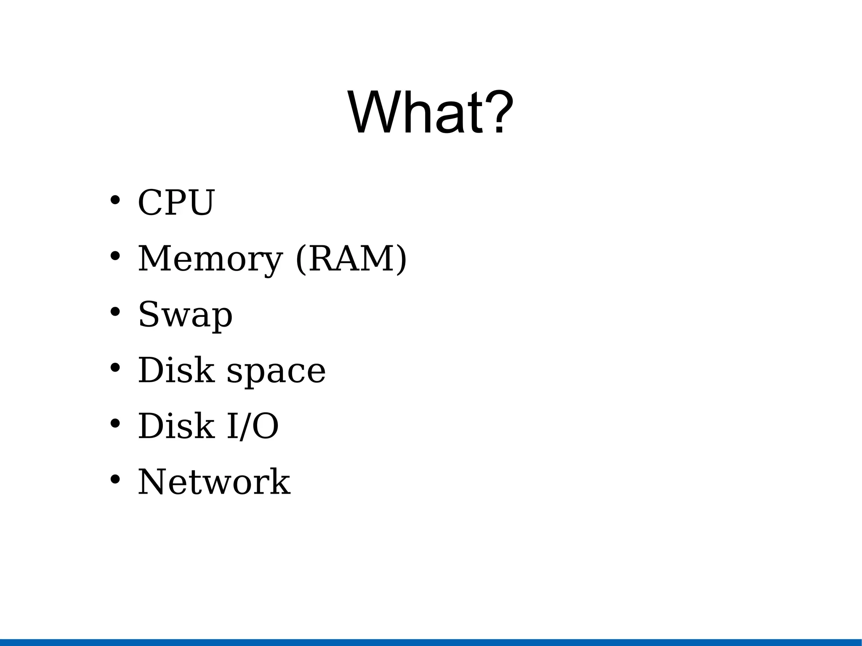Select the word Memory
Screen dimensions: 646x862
click(x=210, y=258)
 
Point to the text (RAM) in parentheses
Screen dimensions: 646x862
click(x=351, y=258)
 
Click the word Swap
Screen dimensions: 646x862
click(x=185, y=315)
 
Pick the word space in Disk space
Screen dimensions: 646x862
click(x=276, y=370)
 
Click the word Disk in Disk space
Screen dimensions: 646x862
click(x=176, y=370)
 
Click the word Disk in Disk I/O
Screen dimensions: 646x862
click(x=176, y=426)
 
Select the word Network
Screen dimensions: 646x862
click(x=214, y=482)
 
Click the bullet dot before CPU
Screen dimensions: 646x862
click(x=115, y=200)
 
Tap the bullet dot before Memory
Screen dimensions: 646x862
click(x=115, y=256)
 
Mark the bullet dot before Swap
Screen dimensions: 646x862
click(x=115, y=312)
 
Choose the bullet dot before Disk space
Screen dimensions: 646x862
click(x=115, y=368)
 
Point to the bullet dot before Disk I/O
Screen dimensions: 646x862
click(x=115, y=423)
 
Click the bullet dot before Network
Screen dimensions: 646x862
click(x=115, y=479)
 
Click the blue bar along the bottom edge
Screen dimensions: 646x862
click(x=431, y=642)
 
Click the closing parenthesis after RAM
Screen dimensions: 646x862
click(x=402, y=259)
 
